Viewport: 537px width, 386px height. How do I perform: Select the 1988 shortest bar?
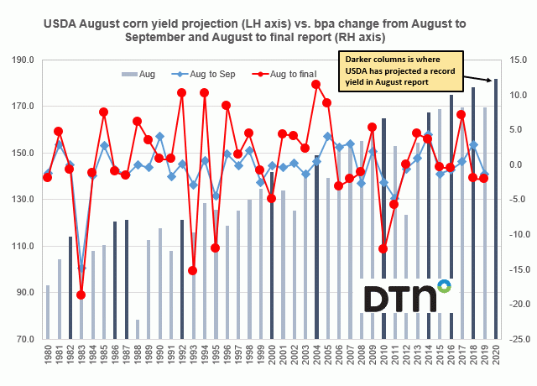[137, 328]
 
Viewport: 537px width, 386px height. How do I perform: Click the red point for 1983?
[81, 295]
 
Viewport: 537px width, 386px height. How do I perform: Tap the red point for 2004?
[316, 84]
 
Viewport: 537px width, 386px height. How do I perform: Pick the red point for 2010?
[383, 248]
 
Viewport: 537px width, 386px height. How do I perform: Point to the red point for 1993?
[193, 270]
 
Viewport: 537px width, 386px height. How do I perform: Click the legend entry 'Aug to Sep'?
[211, 75]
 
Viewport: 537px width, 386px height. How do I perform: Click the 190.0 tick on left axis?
[22, 60]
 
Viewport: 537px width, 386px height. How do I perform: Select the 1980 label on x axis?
[48, 356]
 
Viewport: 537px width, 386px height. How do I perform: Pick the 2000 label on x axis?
[272, 356]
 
